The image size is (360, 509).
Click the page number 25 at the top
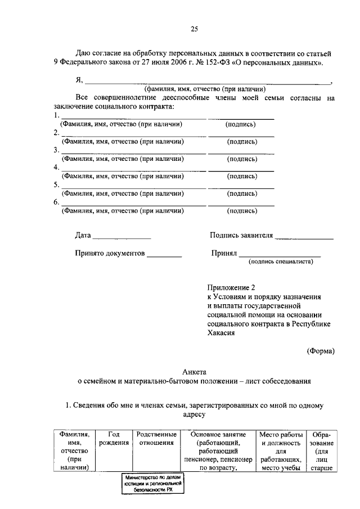194,29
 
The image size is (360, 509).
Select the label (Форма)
321,352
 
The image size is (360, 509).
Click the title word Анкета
194,372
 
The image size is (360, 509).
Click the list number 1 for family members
56,116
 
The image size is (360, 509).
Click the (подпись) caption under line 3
242,159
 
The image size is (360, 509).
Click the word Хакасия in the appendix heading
220,332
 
